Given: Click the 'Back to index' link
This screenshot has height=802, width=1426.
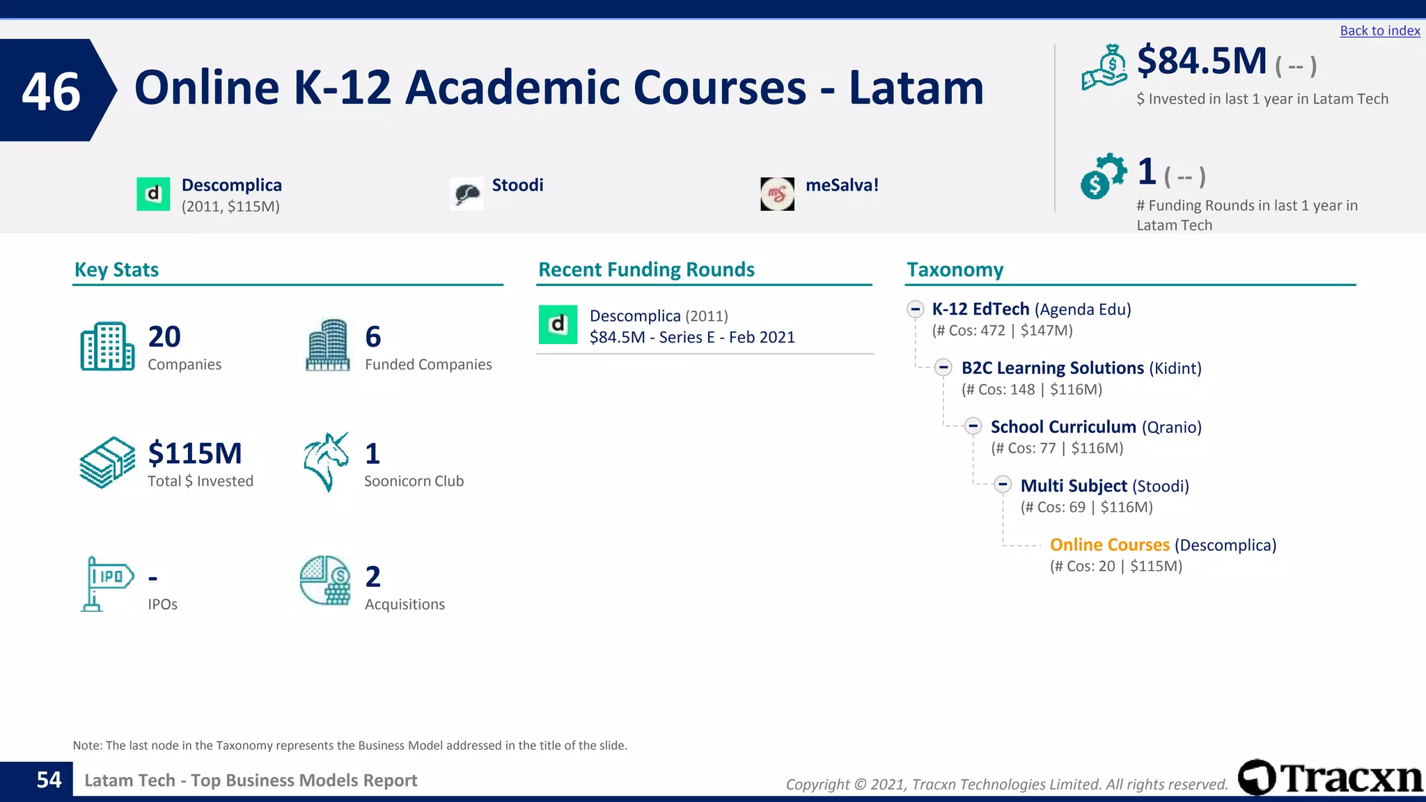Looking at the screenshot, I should click(x=1379, y=31).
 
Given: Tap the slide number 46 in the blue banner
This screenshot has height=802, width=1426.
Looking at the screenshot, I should click(x=51, y=91).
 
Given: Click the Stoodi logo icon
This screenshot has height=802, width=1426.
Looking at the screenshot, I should click(x=467, y=194).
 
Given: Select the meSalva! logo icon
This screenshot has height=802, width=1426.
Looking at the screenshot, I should click(x=777, y=194).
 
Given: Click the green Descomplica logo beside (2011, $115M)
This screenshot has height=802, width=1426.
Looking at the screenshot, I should click(x=153, y=194).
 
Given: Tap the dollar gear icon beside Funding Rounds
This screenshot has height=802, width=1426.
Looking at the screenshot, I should click(x=1102, y=175).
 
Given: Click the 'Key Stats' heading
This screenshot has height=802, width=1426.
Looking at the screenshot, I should click(x=116, y=269).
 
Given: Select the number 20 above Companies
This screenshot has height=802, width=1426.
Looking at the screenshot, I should click(x=164, y=337).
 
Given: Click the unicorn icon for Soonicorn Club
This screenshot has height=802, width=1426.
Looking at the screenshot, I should click(x=326, y=462).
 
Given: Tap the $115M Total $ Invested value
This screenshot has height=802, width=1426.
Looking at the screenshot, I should click(x=195, y=454).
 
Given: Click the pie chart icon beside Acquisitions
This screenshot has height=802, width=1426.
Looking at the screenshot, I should click(x=325, y=581).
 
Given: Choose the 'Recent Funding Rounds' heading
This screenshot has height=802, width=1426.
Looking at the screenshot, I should click(x=646, y=269).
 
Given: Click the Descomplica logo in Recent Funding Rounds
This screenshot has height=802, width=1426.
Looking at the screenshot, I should click(x=558, y=324).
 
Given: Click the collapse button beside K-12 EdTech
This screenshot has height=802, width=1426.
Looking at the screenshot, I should click(x=916, y=309).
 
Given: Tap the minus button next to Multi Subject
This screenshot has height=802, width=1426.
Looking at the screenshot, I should click(x=1003, y=485).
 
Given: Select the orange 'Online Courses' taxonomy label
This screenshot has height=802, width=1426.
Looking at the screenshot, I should click(x=1109, y=545).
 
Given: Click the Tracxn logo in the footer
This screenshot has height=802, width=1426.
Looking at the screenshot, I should click(x=1330, y=778).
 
